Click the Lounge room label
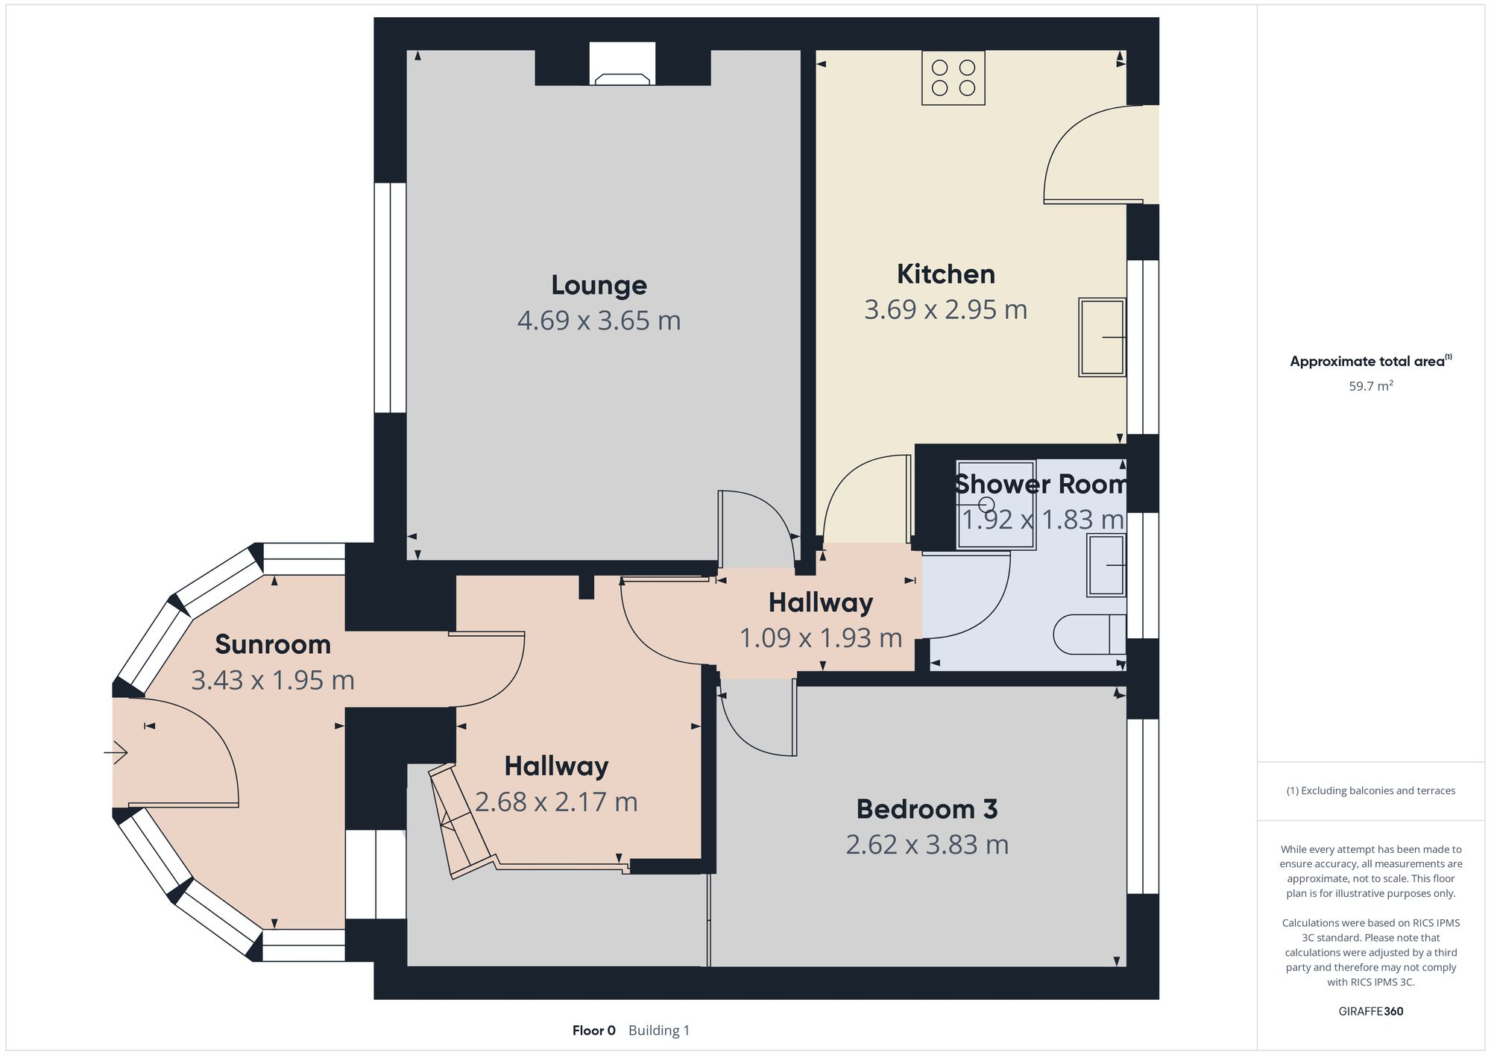599,285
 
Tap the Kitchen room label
946,274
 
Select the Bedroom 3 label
927,809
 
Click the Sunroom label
273,644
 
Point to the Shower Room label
1041,484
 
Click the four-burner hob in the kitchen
953,78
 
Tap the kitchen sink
1102,337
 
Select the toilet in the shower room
1090,634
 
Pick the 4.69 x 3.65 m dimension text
599,321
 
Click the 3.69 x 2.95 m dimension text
946,309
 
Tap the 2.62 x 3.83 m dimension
927,845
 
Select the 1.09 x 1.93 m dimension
821,638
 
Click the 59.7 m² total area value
1371,386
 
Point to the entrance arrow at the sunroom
116,753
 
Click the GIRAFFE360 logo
1371,1012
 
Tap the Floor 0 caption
594,1030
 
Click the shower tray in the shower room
996,506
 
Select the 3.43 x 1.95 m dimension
273,680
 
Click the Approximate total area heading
1370,362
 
